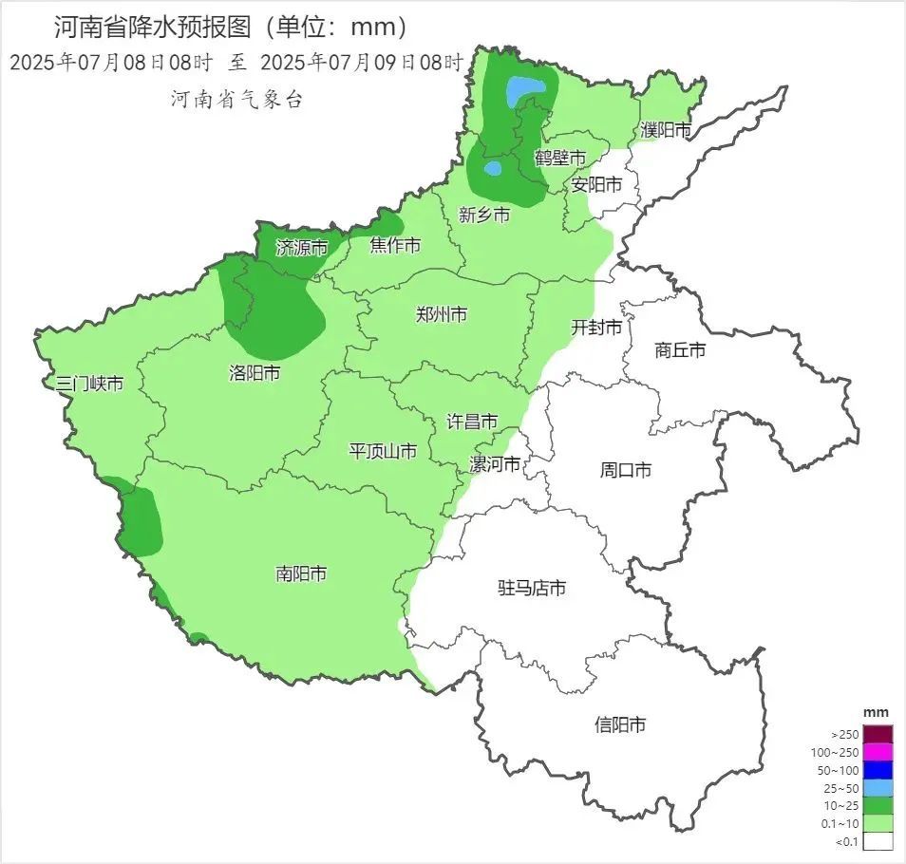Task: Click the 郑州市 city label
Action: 442,314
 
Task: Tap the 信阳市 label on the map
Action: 620,725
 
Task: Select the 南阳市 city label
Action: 301,573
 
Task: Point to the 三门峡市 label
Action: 89,385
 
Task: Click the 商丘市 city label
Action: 680,350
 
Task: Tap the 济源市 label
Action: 301,248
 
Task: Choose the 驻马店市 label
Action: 532,588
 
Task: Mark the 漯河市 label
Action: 496,465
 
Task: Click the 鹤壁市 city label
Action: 559,158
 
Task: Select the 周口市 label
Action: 626,470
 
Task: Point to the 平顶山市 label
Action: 383,451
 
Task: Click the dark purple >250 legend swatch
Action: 878,734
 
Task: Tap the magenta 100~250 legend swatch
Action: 878,752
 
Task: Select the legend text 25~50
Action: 840,788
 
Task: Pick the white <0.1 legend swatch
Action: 878,841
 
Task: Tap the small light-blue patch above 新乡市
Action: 493,169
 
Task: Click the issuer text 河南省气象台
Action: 236,99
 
